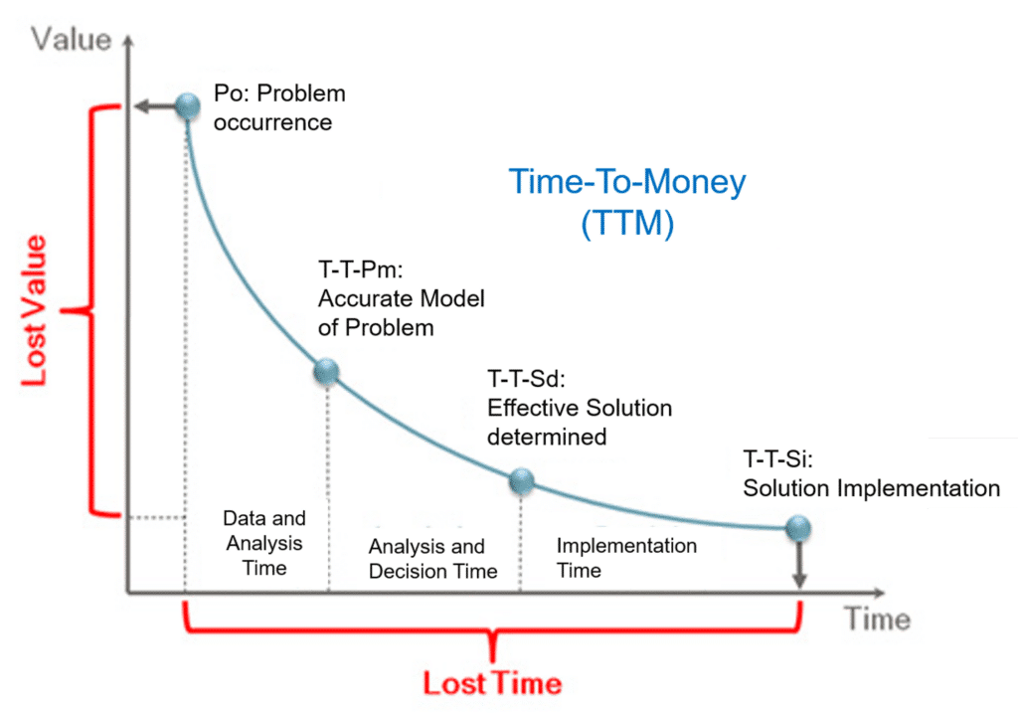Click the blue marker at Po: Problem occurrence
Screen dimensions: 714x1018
pos(188,105)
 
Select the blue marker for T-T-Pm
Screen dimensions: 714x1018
pos(327,372)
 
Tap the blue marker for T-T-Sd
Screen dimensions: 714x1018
pos(521,482)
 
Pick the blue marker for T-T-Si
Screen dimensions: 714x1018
pos(797,528)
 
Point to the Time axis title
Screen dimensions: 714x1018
pos(877,620)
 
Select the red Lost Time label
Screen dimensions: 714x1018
pos(492,684)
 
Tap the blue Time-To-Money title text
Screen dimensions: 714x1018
pos(626,183)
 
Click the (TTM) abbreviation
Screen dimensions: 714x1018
pos(626,224)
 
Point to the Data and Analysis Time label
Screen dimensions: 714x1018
pos(263,544)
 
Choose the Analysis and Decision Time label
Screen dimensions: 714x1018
pos(432,559)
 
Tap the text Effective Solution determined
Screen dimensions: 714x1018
pos(579,422)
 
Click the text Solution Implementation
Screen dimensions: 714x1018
pos(871,488)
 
